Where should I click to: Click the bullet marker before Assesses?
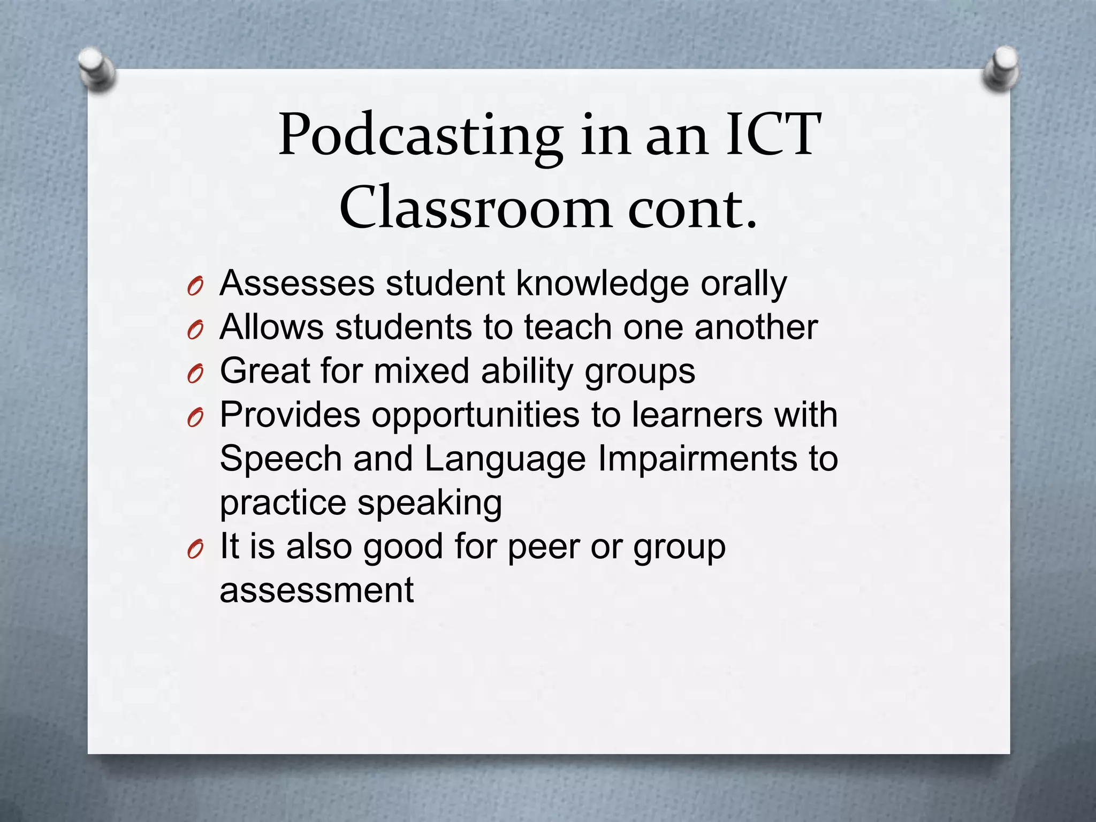(x=195, y=287)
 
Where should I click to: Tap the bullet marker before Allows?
(x=195, y=331)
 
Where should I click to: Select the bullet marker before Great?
(x=195, y=375)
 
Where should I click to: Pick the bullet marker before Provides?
(x=195, y=419)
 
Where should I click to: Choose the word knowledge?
(x=602, y=283)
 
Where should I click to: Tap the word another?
(x=756, y=327)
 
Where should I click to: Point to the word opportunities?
(x=476, y=416)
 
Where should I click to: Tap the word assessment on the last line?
(x=317, y=591)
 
